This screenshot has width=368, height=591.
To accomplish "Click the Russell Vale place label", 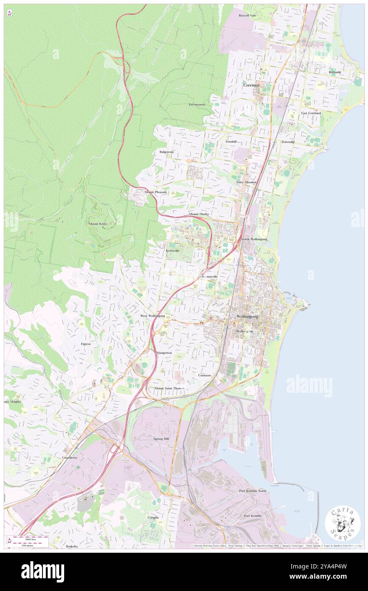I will pyautogui.click(x=247, y=15).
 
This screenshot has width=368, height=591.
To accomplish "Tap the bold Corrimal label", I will pyautogui.click(x=251, y=85).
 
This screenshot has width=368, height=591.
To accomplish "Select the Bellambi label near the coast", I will pyautogui.click(x=334, y=72).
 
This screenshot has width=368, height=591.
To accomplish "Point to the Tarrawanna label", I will pyautogui.click(x=197, y=104).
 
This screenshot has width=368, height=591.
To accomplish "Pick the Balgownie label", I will pyautogui.click(x=167, y=152).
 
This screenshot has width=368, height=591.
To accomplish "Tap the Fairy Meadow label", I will pyautogui.click(x=246, y=182).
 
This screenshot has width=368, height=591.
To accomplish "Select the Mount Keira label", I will pyautogui.click(x=98, y=224).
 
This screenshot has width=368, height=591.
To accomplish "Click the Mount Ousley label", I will pyautogui.click(x=199, y=214).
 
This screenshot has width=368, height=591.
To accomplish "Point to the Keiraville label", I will pyautogui.click(x=172, y=250).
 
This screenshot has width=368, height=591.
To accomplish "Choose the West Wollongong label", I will pyautogui.click(x=153, y=316).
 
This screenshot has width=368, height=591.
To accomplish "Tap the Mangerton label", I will pyautogui.click(x=164, y=353).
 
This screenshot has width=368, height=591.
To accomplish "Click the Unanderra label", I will pyautogui.click(x=69, y=458).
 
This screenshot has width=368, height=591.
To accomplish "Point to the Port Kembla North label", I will pyautogui.click(x=252, y=491).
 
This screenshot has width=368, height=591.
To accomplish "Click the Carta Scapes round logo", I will pyautogui.click(x=343, y=523).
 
